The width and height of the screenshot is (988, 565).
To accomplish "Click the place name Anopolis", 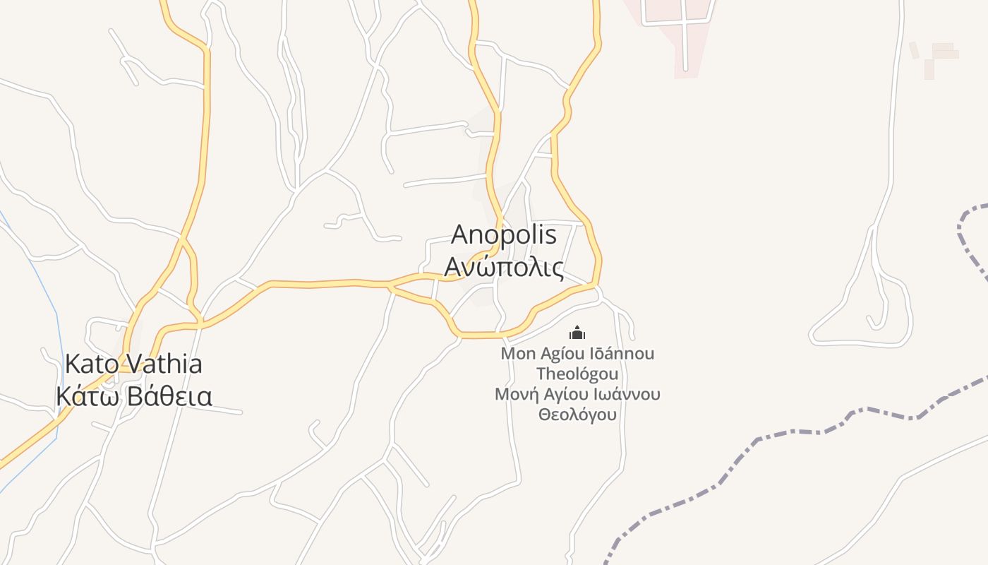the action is (503, 235).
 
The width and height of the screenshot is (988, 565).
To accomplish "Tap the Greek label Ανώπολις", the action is (503, 268).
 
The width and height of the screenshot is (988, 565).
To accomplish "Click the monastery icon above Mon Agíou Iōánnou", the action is (577, 333).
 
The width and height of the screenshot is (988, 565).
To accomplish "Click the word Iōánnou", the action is (619, 354).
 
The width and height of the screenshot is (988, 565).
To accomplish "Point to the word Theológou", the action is (577, 374).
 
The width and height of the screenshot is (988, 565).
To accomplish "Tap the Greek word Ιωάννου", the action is (624, 394).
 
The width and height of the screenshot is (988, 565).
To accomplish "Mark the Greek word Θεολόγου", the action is (577, 415).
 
